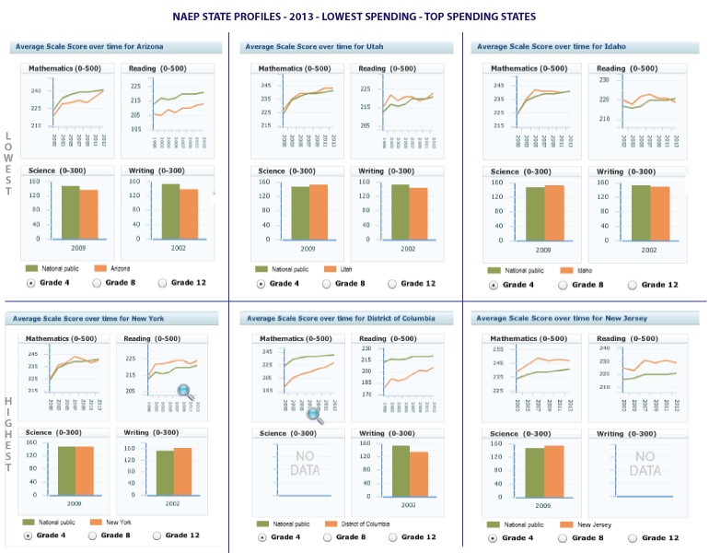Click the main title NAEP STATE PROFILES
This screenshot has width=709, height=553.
[354, 17]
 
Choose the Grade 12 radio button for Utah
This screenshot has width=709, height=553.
[393, 284]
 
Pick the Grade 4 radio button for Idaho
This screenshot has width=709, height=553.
[493, 285]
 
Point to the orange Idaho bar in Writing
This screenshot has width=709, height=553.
[660, 214]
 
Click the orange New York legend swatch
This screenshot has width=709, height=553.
[96, 523]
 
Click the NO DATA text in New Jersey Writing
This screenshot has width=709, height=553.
[645, 464]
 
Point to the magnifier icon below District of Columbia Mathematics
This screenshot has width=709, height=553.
[315, 416]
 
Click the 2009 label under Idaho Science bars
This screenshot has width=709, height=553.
[543, 250]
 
